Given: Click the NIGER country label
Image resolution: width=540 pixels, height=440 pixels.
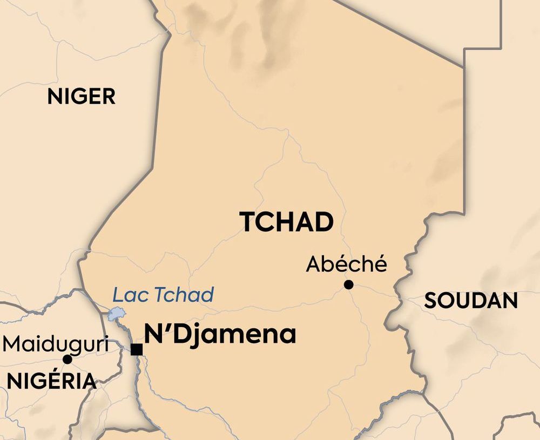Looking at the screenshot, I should click(x=81, y=97).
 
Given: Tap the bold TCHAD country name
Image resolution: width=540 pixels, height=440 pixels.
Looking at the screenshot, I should click(x=286, y=222).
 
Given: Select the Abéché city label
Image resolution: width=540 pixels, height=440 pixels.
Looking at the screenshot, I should click(x=347, y=264).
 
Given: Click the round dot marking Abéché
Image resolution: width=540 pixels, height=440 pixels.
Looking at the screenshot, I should click(x=349, y=285).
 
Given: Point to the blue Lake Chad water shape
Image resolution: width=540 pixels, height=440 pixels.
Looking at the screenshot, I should click(x=116, y=314).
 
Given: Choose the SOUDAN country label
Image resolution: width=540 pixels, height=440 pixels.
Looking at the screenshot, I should click(x=471, y=301).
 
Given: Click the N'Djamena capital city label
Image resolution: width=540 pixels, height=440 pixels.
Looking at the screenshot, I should click(x=220, y=334).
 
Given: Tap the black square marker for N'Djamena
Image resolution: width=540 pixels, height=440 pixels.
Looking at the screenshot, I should click(x=137, y=349).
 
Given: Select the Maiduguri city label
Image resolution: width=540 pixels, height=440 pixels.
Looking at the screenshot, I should click(x=56, y=344).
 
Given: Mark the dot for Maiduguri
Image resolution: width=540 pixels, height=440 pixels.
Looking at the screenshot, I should click(x=67, y=359).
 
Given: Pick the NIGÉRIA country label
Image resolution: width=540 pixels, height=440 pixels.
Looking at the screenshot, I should click(x=51, y=381).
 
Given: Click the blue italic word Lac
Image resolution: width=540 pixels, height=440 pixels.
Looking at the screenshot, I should click(x=129, y=295).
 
